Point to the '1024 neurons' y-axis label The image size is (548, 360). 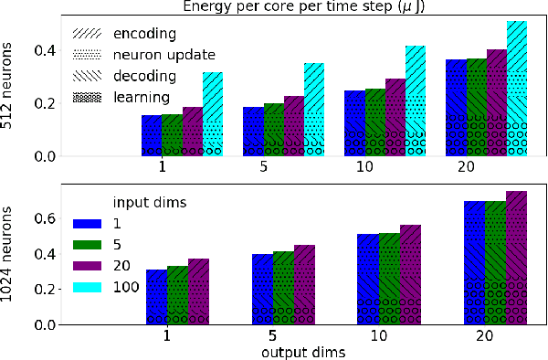pos(9,255)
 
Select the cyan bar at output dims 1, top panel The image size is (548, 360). pos(213,114)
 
